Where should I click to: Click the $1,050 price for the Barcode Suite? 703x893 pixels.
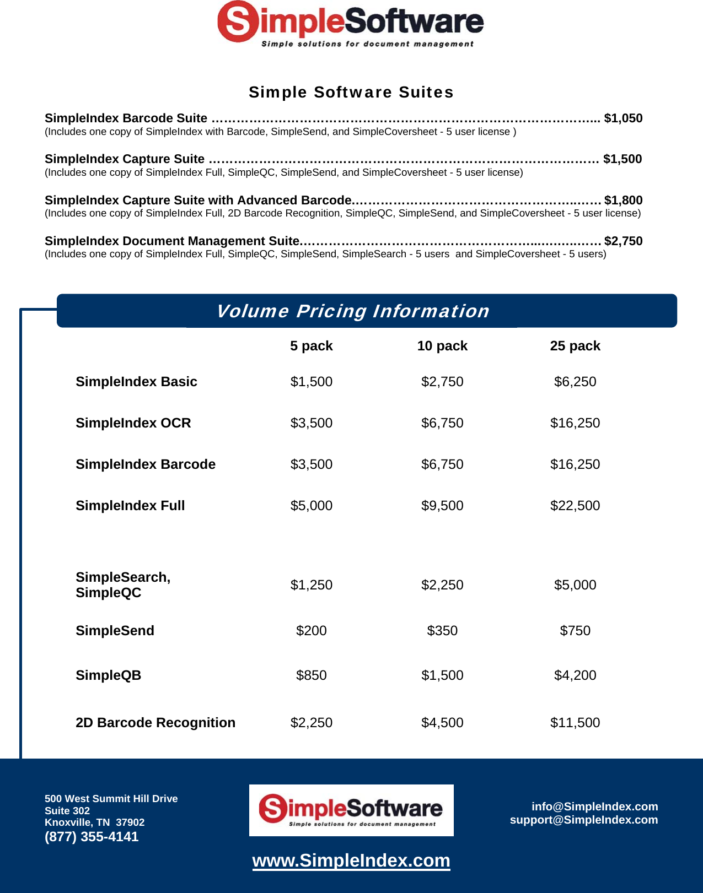point(623,118)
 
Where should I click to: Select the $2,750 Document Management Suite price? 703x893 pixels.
point(623,241)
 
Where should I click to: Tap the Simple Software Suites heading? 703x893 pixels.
point(351,92)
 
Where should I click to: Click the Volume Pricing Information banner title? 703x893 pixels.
point(353,311)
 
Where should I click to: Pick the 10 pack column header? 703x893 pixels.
point(442,346)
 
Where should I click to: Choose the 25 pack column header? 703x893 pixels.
point(575,346)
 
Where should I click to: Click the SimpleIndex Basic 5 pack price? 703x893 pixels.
point(312,382)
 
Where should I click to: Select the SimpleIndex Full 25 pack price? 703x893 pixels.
point(575,506)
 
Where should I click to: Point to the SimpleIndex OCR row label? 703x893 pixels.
point(133,423)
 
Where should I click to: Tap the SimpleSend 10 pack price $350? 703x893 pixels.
point(442,631)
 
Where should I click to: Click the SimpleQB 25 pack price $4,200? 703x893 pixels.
point(575,675)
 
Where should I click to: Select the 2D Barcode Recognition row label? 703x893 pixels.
point(155,723)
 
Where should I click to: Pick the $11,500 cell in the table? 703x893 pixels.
point(575,723)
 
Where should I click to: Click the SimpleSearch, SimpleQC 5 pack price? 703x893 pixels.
point(312,585)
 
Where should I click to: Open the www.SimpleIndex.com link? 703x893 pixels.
point(351,860)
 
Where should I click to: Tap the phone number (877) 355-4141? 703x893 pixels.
point(92,837)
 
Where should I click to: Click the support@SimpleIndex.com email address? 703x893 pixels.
point(584,820)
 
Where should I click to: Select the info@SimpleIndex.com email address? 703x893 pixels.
point(594,807)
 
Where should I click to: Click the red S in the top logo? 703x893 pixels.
point(238,21)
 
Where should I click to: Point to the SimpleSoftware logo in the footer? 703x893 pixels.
point(351,810)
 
